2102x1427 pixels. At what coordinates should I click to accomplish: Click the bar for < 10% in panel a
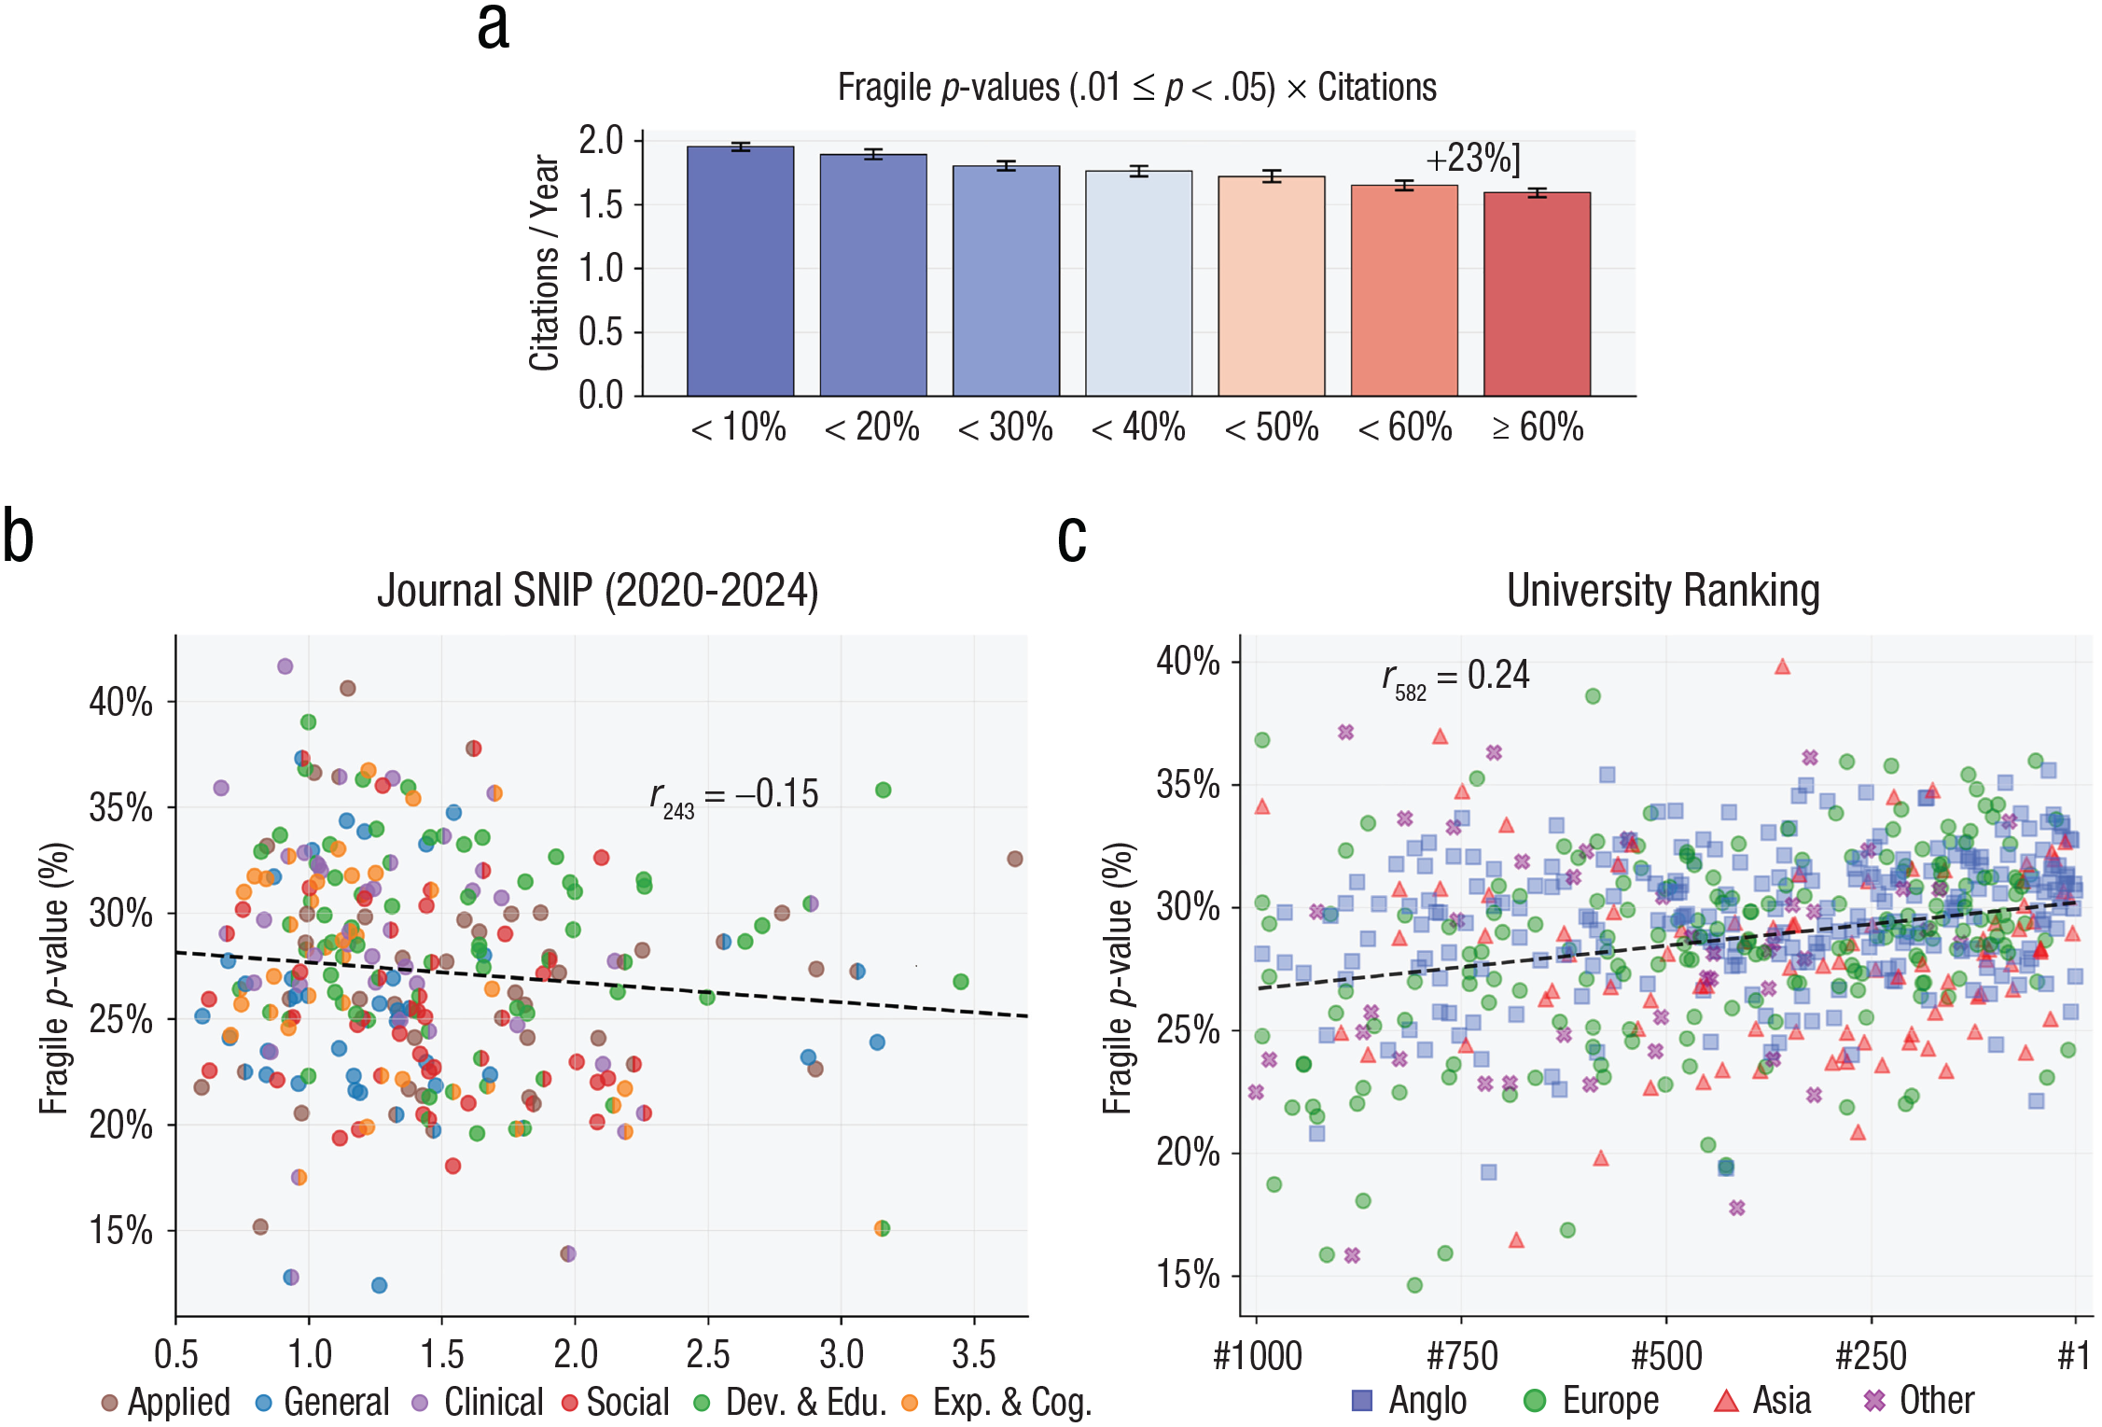tap(740, 271)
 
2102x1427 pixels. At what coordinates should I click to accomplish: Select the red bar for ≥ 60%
tap(1537, 294)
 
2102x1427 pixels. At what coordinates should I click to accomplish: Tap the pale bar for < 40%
tap(1138, 283)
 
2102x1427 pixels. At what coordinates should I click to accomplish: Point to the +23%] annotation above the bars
tap(1473, 159)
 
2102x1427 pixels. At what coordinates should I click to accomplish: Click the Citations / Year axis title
tap(544, 263)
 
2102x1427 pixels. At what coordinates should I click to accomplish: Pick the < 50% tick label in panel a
tap(1272, 427)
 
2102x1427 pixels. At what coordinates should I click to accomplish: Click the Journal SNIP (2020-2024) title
tap(597, 591)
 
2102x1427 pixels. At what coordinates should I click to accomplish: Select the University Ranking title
tap(1663, 591)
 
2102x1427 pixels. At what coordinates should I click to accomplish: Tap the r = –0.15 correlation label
tap(733, 795)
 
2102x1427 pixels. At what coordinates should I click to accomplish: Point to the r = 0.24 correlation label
tap(1455, 677)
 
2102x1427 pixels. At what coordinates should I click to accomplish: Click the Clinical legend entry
tap(478, 1402)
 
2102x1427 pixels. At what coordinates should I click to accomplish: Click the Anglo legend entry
tap(1410, 1401)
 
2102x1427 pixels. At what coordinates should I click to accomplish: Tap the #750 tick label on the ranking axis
tap(1462, 1356)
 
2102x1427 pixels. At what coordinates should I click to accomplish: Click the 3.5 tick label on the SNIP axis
tap(974, 1354)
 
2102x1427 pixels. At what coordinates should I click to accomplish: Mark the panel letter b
tap(18, 537)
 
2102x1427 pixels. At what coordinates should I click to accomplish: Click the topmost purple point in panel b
tap(285, 666)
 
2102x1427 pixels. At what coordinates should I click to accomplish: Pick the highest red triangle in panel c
tap(1782, 666)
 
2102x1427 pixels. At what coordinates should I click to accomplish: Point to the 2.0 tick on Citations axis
tap(601, 141)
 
